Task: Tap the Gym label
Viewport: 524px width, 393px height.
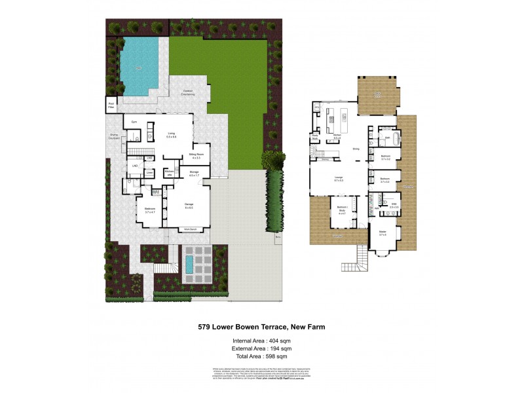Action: click(x=134, y=122)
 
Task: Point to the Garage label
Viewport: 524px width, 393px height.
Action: click(x=189, y=206)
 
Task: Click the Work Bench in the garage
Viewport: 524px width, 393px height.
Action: click(x=191, y=229)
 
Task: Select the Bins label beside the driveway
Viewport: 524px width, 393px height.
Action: click(x=278, y=236)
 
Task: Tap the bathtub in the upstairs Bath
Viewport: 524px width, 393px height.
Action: click(x=388, y=139)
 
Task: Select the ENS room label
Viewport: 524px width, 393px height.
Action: click(x=395, y=206)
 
